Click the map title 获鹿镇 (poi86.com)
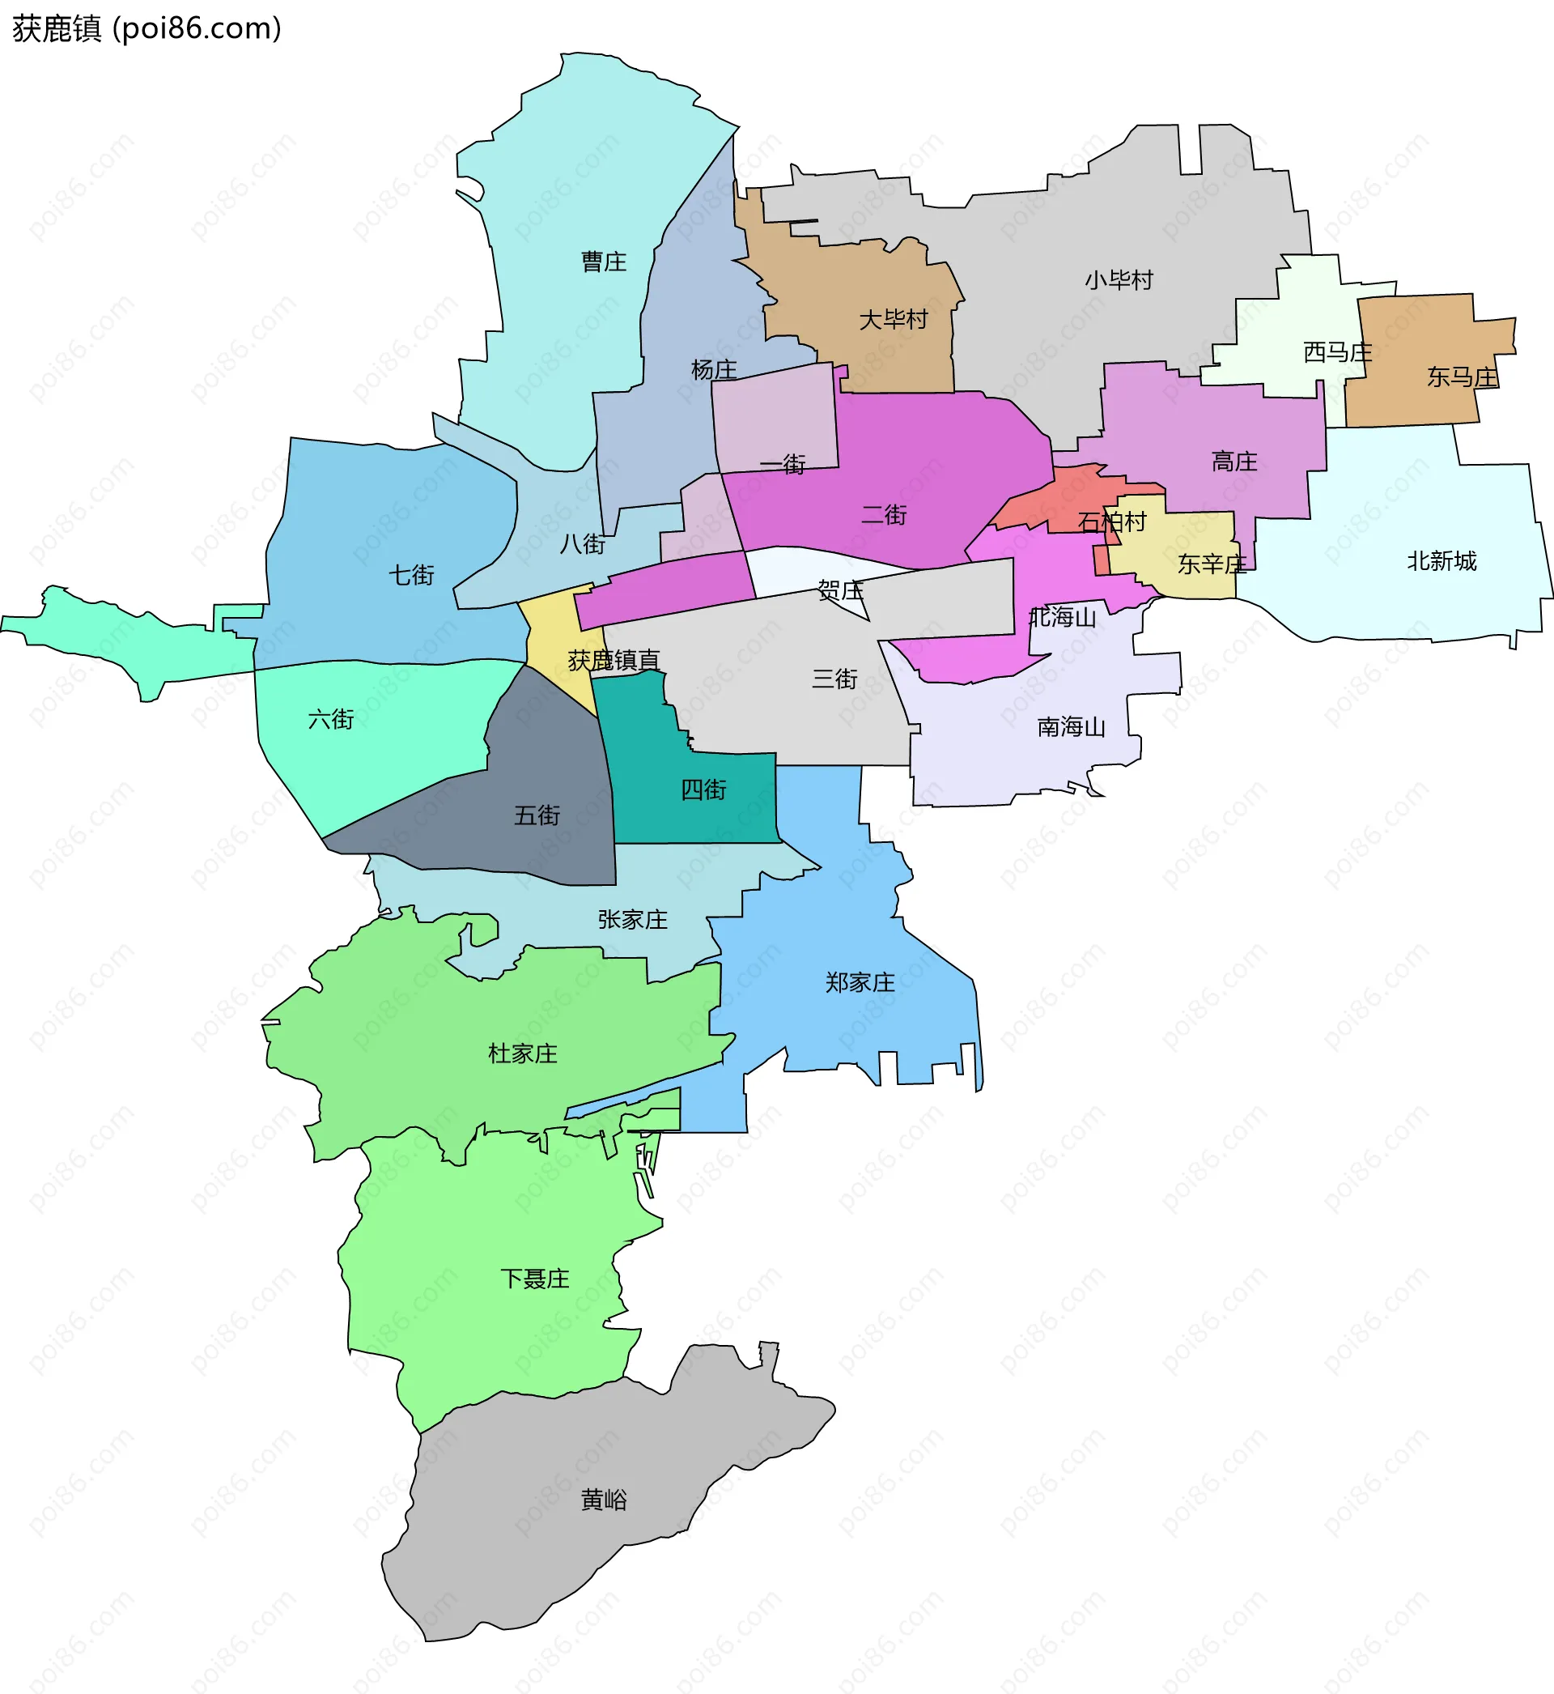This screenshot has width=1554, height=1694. click(x=146, y=28)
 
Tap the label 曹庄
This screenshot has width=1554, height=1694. click(x=604, y=262)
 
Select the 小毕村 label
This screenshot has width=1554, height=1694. click(x=1119, y=280)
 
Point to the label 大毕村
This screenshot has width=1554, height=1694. click(x=893, y=320)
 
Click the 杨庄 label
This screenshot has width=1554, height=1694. click(x=714, y=369)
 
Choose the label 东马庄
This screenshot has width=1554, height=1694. click(x=1463, y=377)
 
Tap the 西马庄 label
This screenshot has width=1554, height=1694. click(x=1338, y=351)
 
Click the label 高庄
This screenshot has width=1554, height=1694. click(x=1234, y=461)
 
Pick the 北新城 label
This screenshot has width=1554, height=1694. click(x=1442, y=561)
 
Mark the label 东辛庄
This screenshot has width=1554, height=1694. click(x=1212, y=564)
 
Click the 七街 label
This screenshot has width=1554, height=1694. click(x=411, y=575)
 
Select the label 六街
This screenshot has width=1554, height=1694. click(x=331, y=719)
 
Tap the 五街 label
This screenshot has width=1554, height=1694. click(x=537, y=815)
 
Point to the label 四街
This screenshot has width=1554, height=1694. click(x=704, y=790)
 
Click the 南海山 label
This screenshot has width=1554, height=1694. click(x=1072, y=726)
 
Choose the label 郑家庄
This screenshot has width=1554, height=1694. click(x=860, y=982)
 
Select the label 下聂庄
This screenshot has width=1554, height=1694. click(x=535, y=1279)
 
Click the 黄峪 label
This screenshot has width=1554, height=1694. click(x=604, y=1500)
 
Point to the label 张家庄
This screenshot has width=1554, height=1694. click(x=633, y=919)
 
